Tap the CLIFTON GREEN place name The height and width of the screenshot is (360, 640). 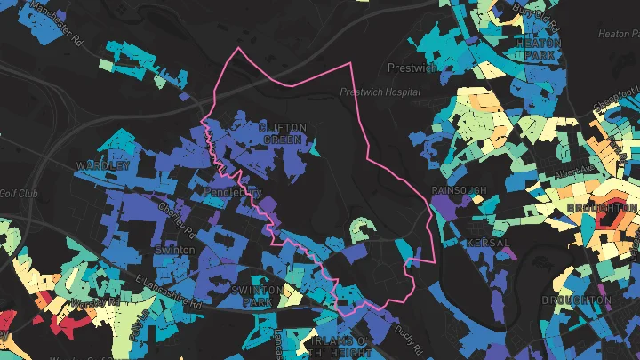click(x=282, y=133)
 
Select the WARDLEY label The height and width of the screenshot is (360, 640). click(x=103, y=166)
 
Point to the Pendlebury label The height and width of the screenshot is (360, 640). click(x=232, y=191)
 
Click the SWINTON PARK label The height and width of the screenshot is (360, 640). click(x=256, y=296)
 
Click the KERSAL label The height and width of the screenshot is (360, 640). click(x=486, y=243)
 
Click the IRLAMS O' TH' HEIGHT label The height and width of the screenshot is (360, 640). click(x=334, y=348)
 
